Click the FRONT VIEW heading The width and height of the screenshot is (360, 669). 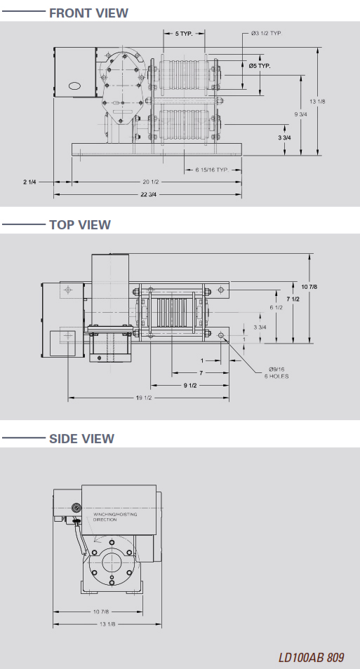(88, 13)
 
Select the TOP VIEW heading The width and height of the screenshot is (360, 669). (80, 225)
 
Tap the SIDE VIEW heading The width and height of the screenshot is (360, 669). (81, 438)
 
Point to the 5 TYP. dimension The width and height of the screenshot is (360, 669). (184, 33)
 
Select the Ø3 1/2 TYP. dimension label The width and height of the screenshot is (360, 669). (267, 33)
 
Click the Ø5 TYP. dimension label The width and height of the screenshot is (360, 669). (260, 66)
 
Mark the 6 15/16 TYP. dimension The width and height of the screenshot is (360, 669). (212, 170)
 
